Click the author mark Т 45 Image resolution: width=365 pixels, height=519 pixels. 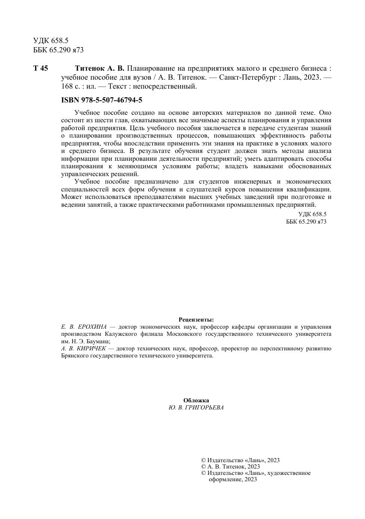coord(40,68)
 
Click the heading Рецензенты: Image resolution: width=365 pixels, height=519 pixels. coord(196,320)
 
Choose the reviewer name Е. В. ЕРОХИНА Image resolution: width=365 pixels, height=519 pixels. coord(84,327)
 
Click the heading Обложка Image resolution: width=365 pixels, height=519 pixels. coord(196,400)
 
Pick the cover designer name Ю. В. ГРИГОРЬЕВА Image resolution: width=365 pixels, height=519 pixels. coord(196,408)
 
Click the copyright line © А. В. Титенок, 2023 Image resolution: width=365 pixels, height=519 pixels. coord(230,467)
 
